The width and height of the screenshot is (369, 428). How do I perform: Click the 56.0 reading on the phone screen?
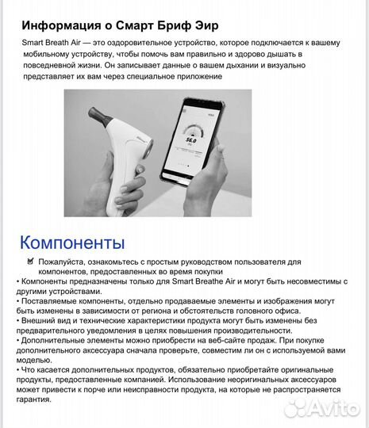click(x=190, y=137)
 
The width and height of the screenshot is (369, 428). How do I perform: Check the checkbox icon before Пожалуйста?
click(x=31, y=260)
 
